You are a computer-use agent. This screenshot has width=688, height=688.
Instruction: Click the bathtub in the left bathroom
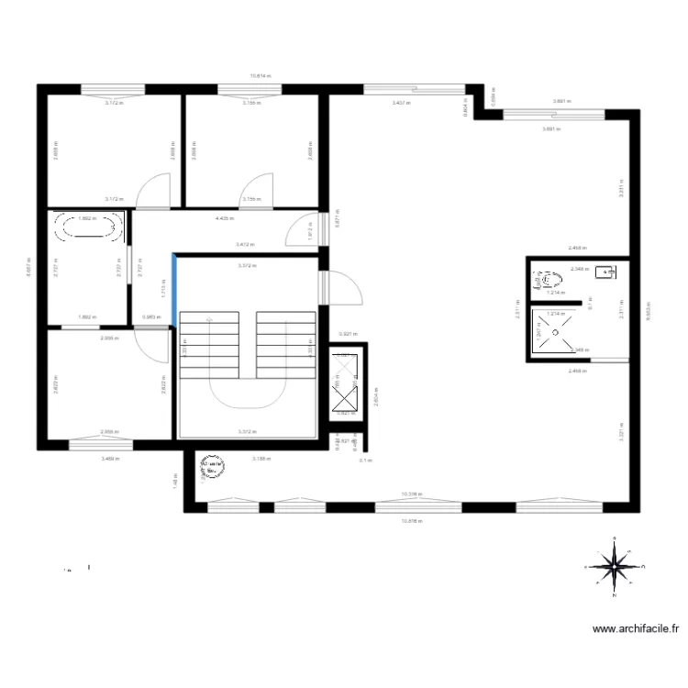(x=88, y=228)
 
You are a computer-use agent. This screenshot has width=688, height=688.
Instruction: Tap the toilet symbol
(x=549, y=276)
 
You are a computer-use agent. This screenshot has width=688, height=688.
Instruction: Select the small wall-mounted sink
(x=606, y=272)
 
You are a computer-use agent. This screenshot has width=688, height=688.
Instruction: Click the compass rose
(x=614, y=565)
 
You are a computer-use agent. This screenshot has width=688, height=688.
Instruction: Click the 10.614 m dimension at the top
(x=261, y=77)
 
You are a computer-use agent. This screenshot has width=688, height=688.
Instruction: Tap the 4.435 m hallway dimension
(x=223, y=219)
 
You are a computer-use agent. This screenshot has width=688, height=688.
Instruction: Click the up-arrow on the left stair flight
(x=210, y=319)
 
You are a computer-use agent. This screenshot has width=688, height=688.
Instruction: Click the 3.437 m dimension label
(x=401, y=104)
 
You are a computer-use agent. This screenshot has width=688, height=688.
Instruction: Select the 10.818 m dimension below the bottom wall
(x=410, y=520)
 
